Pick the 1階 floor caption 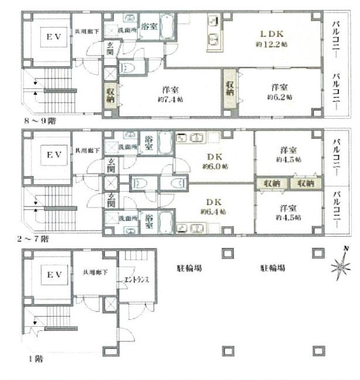30,359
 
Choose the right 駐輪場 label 272,268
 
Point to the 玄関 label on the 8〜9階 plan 109,49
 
